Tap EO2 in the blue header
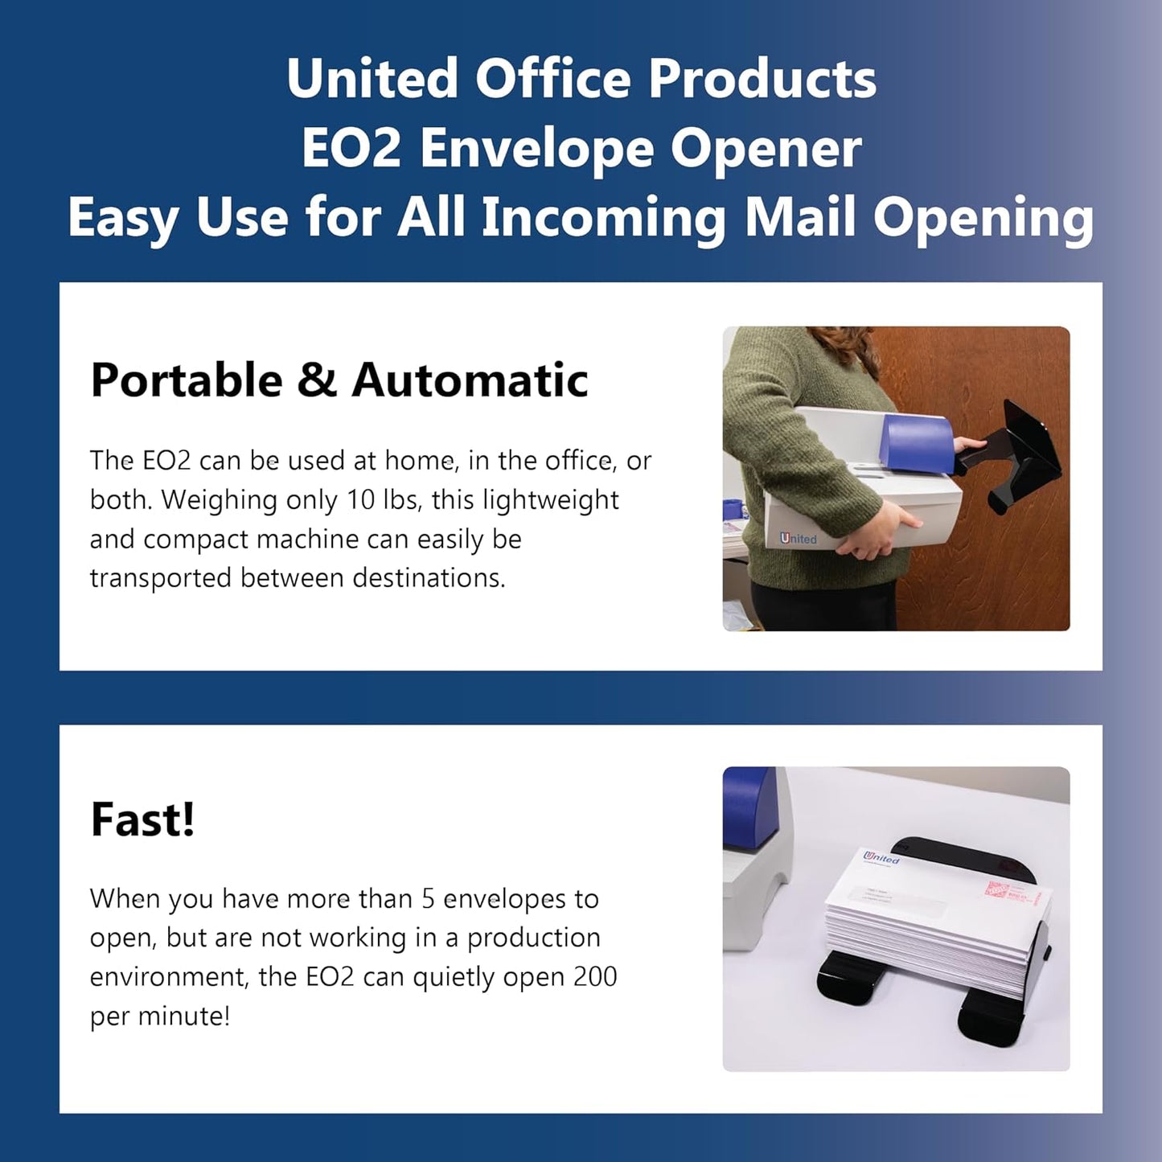pyautogui.click(x=351, y=149)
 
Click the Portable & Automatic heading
pyautogui.click(x=339, y=380)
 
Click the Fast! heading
pyautogui.click(x=142, y=819)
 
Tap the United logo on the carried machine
pyautogui.click(x=798, y=539)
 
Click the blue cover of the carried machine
pyautogui.click(x=918, y=450)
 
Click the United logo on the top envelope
pyautogui.click(x=881, y=858)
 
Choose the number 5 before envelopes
pyautogui.click(x=428, y=898)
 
